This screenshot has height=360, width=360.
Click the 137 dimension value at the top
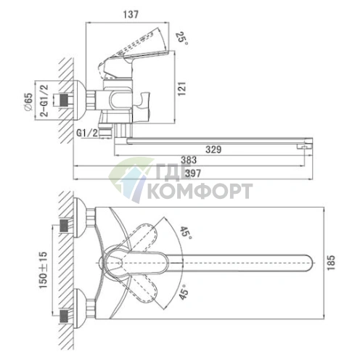tap(131, 15)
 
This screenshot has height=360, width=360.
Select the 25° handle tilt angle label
tap(181, 38)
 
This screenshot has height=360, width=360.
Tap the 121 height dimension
tap(182, 89)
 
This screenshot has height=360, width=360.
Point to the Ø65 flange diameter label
tap(28, 102)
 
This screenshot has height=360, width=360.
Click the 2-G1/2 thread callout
tap(44, 101)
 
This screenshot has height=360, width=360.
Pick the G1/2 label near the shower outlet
tap(87, 133)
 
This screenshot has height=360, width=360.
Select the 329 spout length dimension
tap(213, 150)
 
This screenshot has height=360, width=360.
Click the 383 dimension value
tap(189, 160)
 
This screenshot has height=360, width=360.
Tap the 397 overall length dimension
tap(193, 173)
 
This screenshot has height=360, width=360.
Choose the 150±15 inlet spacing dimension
tap(44, 270)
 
